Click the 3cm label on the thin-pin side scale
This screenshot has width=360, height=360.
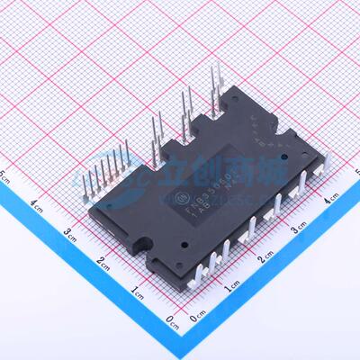[x=70, y=232]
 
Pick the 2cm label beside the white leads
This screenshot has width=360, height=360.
[x=263, y=259]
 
